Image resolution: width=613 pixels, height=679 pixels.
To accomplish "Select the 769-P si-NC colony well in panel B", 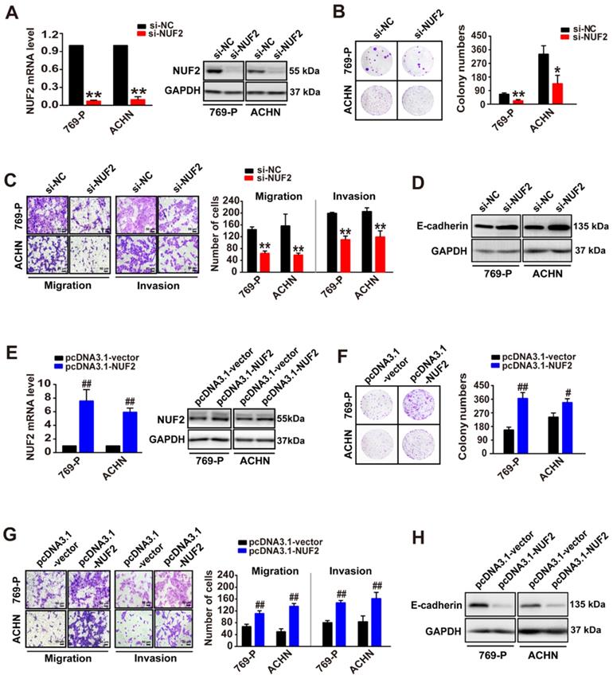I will pyautogui.click(x=373, y=60).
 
